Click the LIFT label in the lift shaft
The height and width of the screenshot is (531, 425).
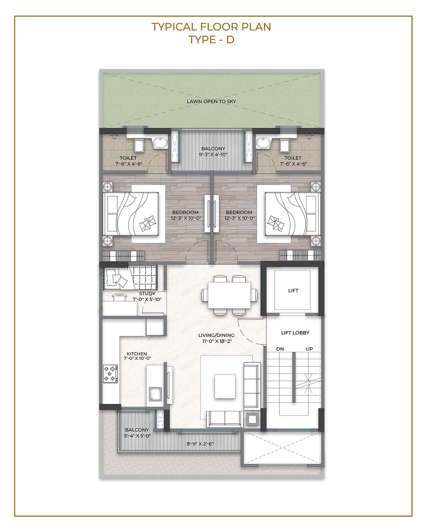pos(293,290)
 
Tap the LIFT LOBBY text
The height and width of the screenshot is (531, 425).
pos(295,333)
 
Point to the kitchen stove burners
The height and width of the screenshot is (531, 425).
pos(110,373)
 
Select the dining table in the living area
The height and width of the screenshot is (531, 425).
pos(229,295)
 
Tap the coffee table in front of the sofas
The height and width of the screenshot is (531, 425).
pos(225,386)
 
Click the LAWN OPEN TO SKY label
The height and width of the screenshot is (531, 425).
pos(211,101)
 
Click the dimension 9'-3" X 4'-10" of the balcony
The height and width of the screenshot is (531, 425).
pos(213,155)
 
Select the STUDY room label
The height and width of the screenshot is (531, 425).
pos(147,293)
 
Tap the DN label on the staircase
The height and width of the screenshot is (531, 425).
pos(280,349)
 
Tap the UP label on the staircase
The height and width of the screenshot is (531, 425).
pos(309,349)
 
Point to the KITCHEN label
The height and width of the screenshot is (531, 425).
pos(137,354)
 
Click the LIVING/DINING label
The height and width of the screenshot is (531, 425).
pos(216,335)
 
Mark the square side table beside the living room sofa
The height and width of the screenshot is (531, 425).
pos(252,419)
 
